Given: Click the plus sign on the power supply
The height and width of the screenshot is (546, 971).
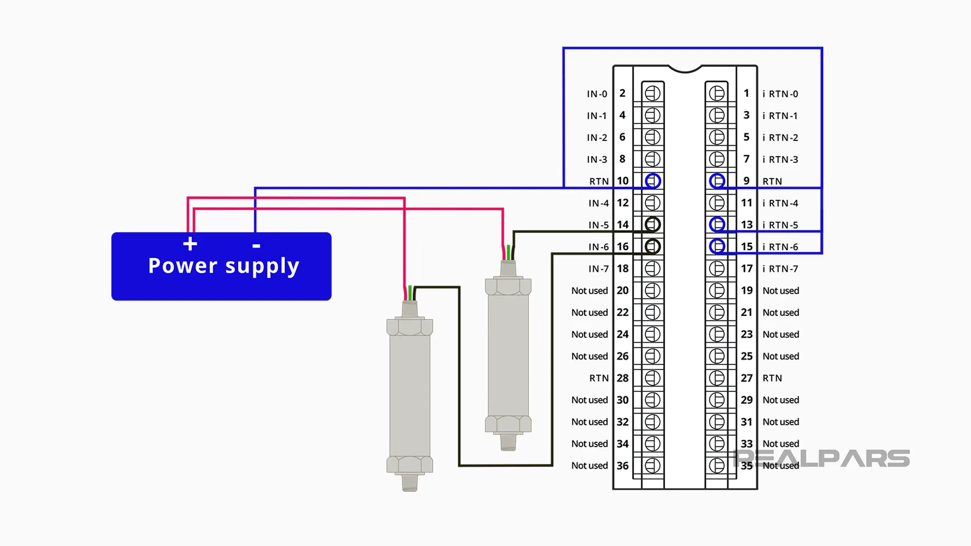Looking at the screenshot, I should (x=190, y=244).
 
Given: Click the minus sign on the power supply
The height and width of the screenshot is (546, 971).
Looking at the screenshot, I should (x=256, y=246).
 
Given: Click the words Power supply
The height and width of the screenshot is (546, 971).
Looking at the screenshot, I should (x=224, y=266).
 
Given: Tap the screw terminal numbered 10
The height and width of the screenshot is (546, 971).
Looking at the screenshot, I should (x=652, y=181).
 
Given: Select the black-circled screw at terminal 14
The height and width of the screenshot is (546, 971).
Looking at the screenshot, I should (x=652, y=224).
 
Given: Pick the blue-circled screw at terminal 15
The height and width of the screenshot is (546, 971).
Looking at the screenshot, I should (x=717, y=247).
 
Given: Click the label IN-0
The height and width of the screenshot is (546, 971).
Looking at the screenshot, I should (x=597, y=94).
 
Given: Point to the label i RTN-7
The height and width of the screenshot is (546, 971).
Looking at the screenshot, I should (x=780, y=269).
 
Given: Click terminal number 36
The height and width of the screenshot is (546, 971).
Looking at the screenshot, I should (x=623, y=466).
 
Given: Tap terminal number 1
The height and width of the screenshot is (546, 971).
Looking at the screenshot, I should (x=746, y=94).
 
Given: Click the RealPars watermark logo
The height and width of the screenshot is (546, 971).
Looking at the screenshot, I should (x=822, y=459).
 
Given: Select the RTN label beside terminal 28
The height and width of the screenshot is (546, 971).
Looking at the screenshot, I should (x=599, y=378).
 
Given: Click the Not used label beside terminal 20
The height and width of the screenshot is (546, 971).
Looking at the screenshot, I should (x=589, y=291).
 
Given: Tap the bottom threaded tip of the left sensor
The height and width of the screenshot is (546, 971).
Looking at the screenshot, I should (x=410, y=482).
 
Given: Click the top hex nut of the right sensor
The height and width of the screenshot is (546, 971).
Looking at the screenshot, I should (x=508, y=286).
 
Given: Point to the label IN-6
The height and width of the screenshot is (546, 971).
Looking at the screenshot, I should (x=598, y=247).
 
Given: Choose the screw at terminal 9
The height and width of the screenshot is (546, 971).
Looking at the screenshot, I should (x=717, y=181).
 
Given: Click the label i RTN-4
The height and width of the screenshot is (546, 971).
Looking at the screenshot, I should (x=780, y=203).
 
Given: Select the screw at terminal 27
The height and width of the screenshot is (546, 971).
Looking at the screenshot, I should (x=717, y=378).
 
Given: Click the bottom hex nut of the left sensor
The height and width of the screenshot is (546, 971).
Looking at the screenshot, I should (x=410, y=464).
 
